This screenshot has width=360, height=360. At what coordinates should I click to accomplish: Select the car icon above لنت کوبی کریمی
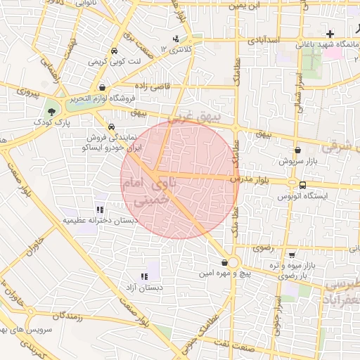pos(114,51)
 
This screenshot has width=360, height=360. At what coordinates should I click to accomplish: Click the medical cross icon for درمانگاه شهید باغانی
pos(330,34)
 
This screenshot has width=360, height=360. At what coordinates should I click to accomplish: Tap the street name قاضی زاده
pos(150,84)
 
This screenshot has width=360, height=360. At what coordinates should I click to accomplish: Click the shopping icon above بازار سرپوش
pos(298,150)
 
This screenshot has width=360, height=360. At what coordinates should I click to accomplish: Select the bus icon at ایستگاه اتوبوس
pos(302,185)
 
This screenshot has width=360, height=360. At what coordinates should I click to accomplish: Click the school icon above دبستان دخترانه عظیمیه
pos(101,209)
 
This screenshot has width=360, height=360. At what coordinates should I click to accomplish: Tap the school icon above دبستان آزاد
pos(144,276)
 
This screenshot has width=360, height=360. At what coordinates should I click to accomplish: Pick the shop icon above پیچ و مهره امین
pos(224,262)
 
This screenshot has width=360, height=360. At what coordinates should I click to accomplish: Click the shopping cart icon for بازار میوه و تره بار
pos(291,255)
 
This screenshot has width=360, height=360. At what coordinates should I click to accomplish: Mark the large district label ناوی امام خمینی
pos(151,191)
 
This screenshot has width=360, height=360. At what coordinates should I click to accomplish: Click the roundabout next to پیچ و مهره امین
pos(233,262)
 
